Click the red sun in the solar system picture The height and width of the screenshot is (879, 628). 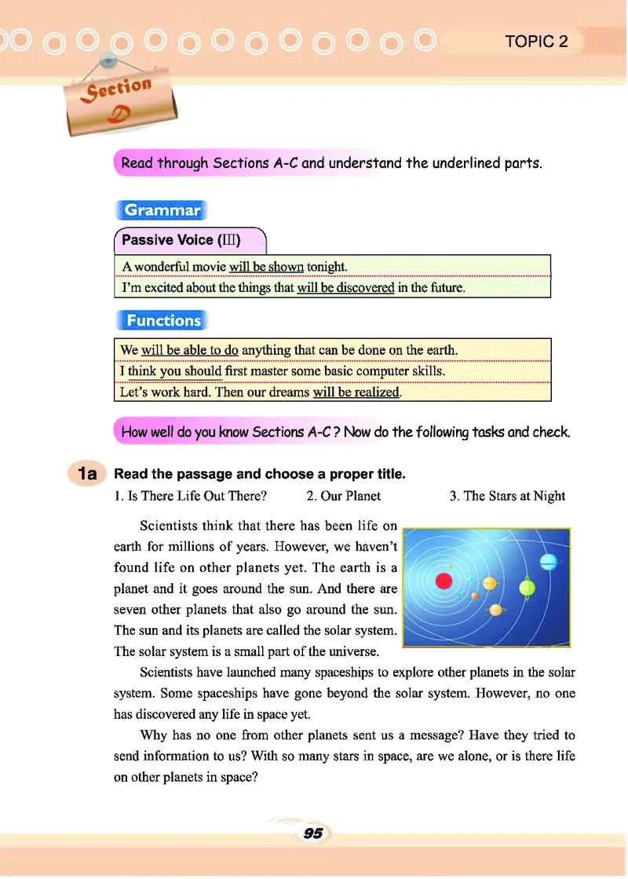(x=444, y=582)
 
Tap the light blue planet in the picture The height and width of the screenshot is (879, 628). (x=548, y=560)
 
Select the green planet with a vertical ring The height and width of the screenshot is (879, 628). (x=527, y=587)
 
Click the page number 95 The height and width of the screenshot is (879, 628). (x=313, y=833)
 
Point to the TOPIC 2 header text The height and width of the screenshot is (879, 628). (x=537, y=42)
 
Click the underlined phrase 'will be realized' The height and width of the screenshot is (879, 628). (x=356, y=392)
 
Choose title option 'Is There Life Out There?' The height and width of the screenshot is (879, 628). (x=191, y=495)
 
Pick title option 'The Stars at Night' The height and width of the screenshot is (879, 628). (x=507, y=495)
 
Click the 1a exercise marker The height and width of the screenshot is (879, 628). (x=87, y=474)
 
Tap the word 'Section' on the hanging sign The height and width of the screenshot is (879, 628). (x=120, y=93)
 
